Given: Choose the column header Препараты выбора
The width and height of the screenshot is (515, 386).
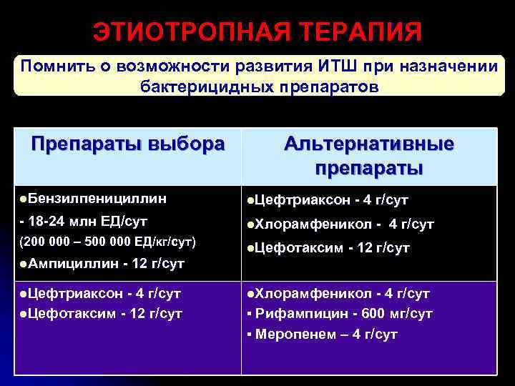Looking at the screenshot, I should click(127, 144).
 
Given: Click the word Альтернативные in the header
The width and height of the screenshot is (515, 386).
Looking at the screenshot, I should click(368, 144).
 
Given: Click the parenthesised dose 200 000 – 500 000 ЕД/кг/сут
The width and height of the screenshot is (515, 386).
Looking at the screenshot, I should click(108, 242).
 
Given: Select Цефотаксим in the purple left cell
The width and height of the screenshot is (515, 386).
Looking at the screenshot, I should click(72, 313).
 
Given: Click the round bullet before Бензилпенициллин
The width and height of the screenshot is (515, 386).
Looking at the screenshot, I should click(24, 197).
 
